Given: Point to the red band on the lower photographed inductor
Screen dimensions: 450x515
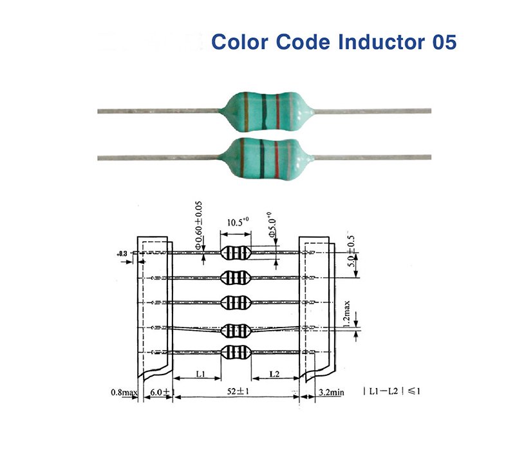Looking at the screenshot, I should click(277, 157).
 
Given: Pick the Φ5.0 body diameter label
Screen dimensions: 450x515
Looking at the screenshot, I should click(273, 227).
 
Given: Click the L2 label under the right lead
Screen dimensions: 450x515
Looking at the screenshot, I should click(274, 374).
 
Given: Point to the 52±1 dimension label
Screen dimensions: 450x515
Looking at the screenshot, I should click(235, 391).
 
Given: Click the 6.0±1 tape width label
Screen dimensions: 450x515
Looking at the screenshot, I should click(158, 391).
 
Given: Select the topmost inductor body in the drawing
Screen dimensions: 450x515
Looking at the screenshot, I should click(235, 253).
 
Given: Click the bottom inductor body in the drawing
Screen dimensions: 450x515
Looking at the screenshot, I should click(235, 352).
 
